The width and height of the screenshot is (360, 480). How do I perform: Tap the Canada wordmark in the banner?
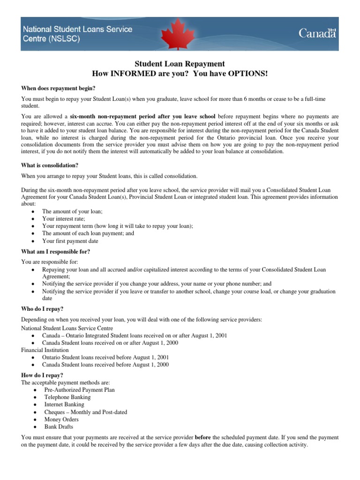[x=317, y=33]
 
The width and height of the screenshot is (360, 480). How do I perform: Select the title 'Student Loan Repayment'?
[x=180, y=64]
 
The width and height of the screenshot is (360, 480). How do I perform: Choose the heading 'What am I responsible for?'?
[x=56, y=251]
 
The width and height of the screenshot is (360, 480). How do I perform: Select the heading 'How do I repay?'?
[x=42, y=375]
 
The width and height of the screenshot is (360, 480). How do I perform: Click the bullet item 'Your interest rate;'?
[x=64, y=218]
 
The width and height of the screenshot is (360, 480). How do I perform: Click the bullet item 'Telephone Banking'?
[x=67, y=397]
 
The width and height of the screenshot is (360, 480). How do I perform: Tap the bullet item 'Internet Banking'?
[x=64, y=405]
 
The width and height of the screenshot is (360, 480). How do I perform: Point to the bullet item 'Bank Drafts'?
[x=59, y=427]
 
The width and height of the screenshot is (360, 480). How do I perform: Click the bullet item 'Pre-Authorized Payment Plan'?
[x=79, y=390]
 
